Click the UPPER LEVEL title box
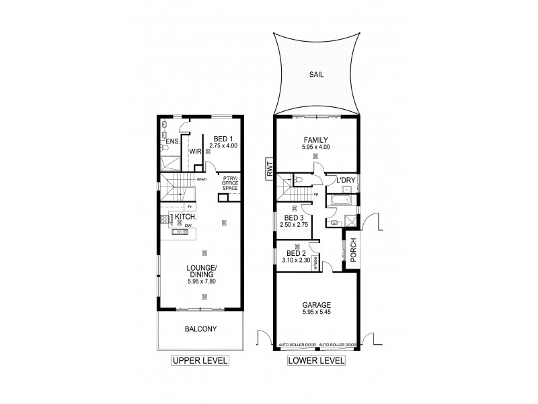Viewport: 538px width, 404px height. tap(200, 361)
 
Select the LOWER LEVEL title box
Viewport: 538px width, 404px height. tap(316, 361)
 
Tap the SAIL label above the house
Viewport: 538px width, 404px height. tap(316, 76)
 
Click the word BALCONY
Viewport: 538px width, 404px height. tap(200, 331)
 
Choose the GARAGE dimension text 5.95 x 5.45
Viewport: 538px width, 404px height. tap(316, 312)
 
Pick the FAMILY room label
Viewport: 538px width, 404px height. tap(316, 139)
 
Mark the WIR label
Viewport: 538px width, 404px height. tap(195, 152)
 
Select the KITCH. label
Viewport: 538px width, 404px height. tap(186, 217)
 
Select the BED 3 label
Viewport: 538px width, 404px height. tap(294, 218)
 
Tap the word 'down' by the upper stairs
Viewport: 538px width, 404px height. tap(201, 179)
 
